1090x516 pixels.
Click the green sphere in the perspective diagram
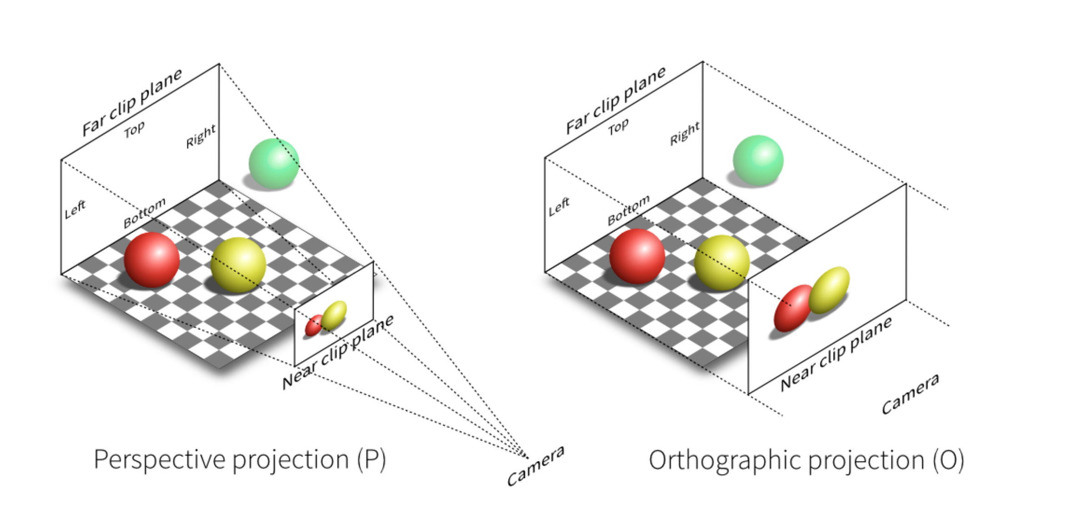click(x=274, y=164)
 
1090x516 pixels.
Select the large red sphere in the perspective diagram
click(x=152, y=260)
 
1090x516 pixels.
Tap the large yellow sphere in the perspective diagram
click(x=238, y=265)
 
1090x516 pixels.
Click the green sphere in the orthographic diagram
click(x=758, y=160)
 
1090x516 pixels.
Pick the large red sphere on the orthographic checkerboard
click(x=637, y=256)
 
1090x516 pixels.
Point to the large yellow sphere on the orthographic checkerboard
click(x=722, y=263)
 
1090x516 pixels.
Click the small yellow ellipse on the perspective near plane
click(x=334, y=315)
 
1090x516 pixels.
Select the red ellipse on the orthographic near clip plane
click(x=793, y=308)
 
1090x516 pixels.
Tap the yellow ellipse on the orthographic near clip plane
click(x=829, y=290)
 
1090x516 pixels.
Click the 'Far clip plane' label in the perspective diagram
click(x=132, y=102)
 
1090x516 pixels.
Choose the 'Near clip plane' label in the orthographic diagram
click(x=836, y=354)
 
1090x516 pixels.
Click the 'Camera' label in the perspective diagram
click(x=536, y=466)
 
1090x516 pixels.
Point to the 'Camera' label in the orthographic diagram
click(x=910, y=394)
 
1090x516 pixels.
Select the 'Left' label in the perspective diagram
click(x=75, y=209)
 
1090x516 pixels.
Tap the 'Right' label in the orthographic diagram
click(x=685, y=133)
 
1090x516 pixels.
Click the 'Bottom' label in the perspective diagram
click(x=145, y=213)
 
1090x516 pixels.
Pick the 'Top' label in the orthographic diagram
click(x=619, y=127)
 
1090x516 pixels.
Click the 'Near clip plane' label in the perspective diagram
click(x=338, y=352)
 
